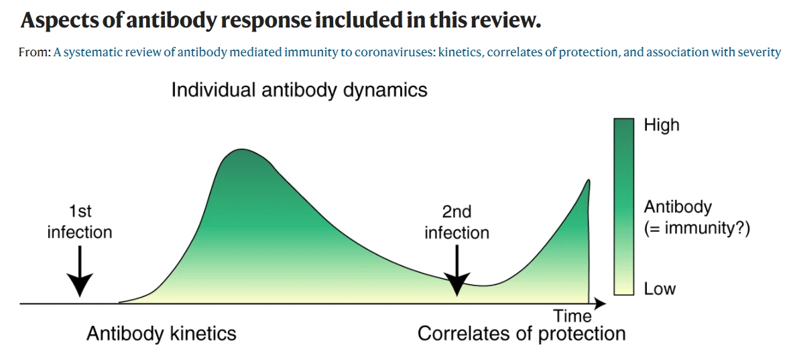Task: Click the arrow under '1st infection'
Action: click(80, 271)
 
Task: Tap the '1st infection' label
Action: click(80, 222)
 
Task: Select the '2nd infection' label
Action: click(457, 223)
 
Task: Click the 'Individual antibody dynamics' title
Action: click(299, 90)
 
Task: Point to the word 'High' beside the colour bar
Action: click(661, 125)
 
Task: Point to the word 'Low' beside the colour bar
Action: click(660, 289)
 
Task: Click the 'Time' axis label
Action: click(572, 316)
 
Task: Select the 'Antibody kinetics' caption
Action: click(162, 333)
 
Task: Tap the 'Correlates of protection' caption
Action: click(522, 333)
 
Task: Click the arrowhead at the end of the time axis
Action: click(601, 304)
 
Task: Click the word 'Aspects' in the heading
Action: click(56, 21)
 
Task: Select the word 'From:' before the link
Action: click(35, 52)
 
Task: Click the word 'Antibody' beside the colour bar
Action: click(678, 206)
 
